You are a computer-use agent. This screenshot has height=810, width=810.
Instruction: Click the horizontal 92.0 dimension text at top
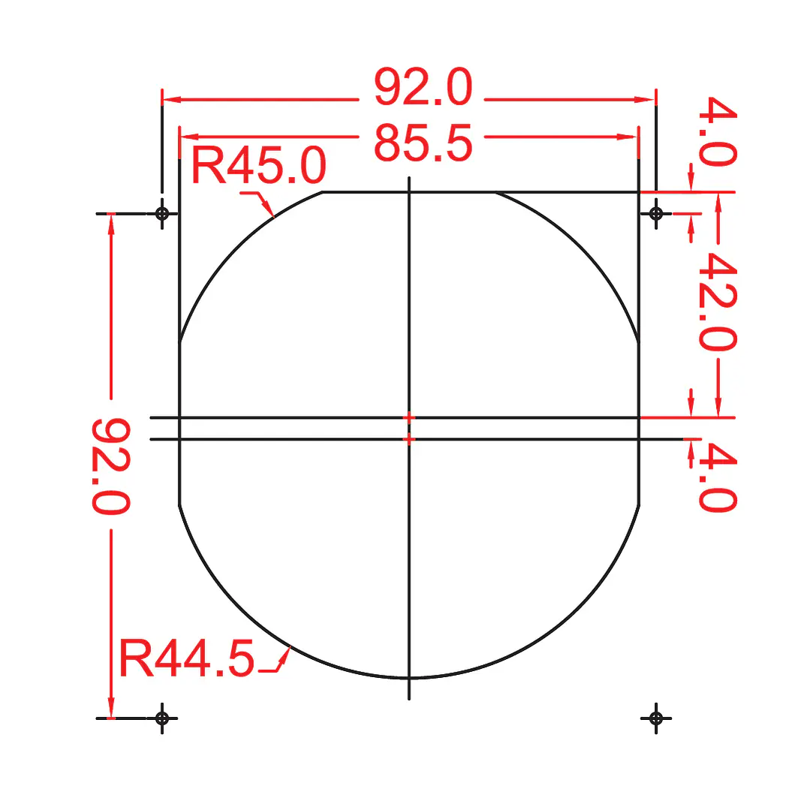click(423, 87)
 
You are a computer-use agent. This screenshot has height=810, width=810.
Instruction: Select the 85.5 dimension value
click(423, 143)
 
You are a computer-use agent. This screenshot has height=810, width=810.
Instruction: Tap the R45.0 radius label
click(259, 165)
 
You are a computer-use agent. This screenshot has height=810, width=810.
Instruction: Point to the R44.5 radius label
click(186, 658)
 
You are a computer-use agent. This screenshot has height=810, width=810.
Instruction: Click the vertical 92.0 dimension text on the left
click(111, 466)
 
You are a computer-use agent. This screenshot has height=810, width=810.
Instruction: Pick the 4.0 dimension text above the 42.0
click(718, 131)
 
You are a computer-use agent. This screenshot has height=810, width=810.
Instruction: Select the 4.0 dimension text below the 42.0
click(718, 477)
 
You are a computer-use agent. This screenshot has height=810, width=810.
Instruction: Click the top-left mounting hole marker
click(162, 213)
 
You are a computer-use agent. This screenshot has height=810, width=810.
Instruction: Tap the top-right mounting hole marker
click(656, 213)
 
